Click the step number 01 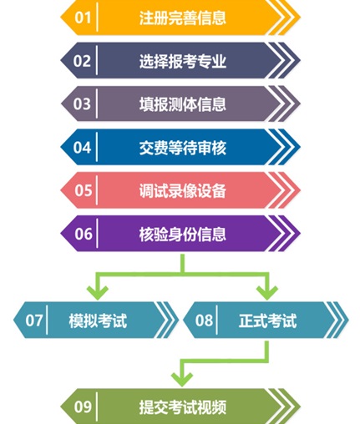[x=83, y=18]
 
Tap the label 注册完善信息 [x=183, y=18]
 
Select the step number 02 [x=82, y=61]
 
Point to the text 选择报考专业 [x=183, y=61]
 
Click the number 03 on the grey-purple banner [x=82, y=103]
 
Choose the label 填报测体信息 [x=183, y=104]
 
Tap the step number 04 [x=82, y=147]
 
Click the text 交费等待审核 [x=183, y=148]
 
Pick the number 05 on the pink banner [x=83, y=190]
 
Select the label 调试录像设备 [x=183, y=190]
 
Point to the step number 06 [x=84, y=234]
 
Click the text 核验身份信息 [x=183, y=234]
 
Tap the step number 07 [x=34, y=321]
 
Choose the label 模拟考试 [x=98, y=321]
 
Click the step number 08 [x=204, y=321]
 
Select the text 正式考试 [x=267, y=321]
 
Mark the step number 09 [x=83, y=406]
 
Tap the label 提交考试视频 [x=183, y=407]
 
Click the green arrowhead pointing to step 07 [x=98, y=293]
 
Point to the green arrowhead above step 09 [x=182, y=380]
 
